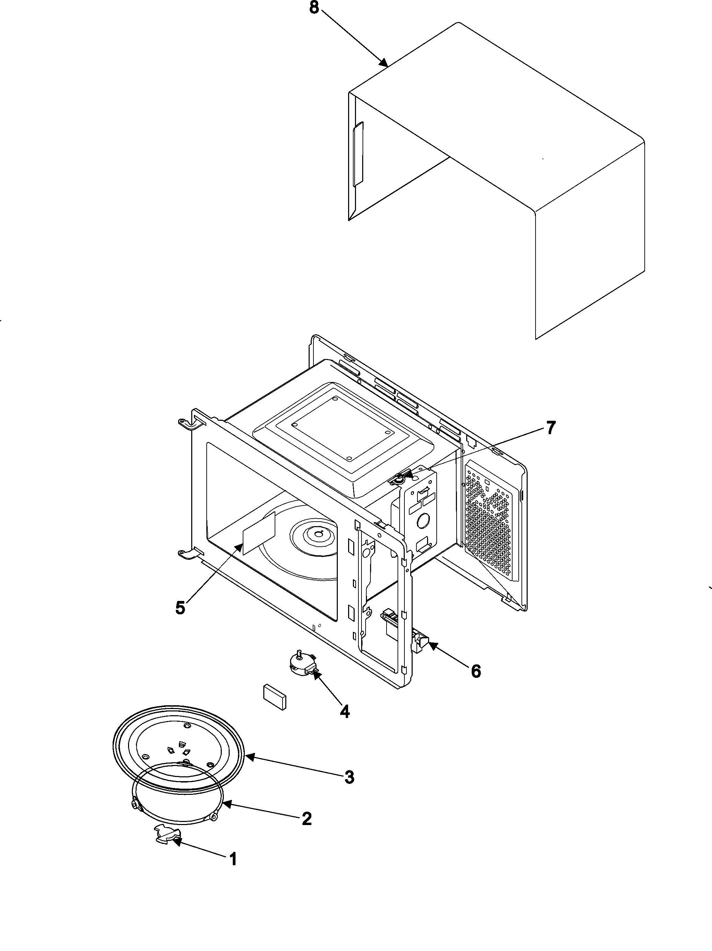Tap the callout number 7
tap(551, 428)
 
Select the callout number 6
tap(475, 671)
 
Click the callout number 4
tap(344, 711)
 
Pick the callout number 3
tap(349, 777)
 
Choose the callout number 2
tap(306, 819)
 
